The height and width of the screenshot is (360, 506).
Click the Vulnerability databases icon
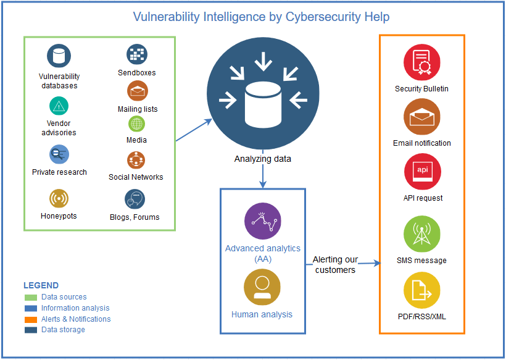point(59,56)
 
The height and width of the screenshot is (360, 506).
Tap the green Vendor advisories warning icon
point(59,106)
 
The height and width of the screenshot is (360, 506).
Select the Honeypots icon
point(59,198)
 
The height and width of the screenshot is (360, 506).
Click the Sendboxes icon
point(137,54)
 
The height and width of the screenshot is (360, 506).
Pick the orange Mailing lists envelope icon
point(137,91)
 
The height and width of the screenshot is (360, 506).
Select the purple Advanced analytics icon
point(262,220)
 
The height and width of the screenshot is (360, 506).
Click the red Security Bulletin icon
point(422,63)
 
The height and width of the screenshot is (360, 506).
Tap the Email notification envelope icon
point(422,117)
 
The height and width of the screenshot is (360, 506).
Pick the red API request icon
point(422,172)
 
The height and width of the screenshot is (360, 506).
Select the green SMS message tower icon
point(422,234)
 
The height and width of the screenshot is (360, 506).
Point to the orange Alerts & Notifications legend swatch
point(30,319)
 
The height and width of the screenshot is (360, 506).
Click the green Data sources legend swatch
point(30,298)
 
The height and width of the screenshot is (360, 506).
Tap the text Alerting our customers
point(335,265)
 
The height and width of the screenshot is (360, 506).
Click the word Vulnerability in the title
point(165,17)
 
